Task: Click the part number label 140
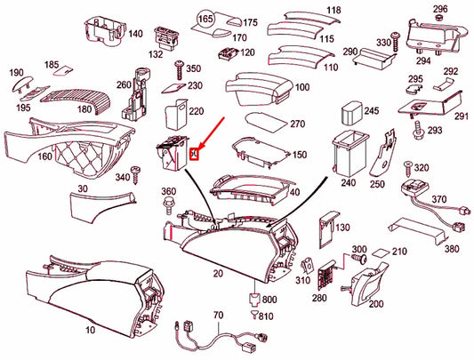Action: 135,34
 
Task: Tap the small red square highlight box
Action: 197,153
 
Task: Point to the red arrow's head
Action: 201,148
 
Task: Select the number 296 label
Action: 439,9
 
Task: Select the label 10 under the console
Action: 89,330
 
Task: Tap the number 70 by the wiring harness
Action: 218,315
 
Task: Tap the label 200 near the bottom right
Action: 376,304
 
